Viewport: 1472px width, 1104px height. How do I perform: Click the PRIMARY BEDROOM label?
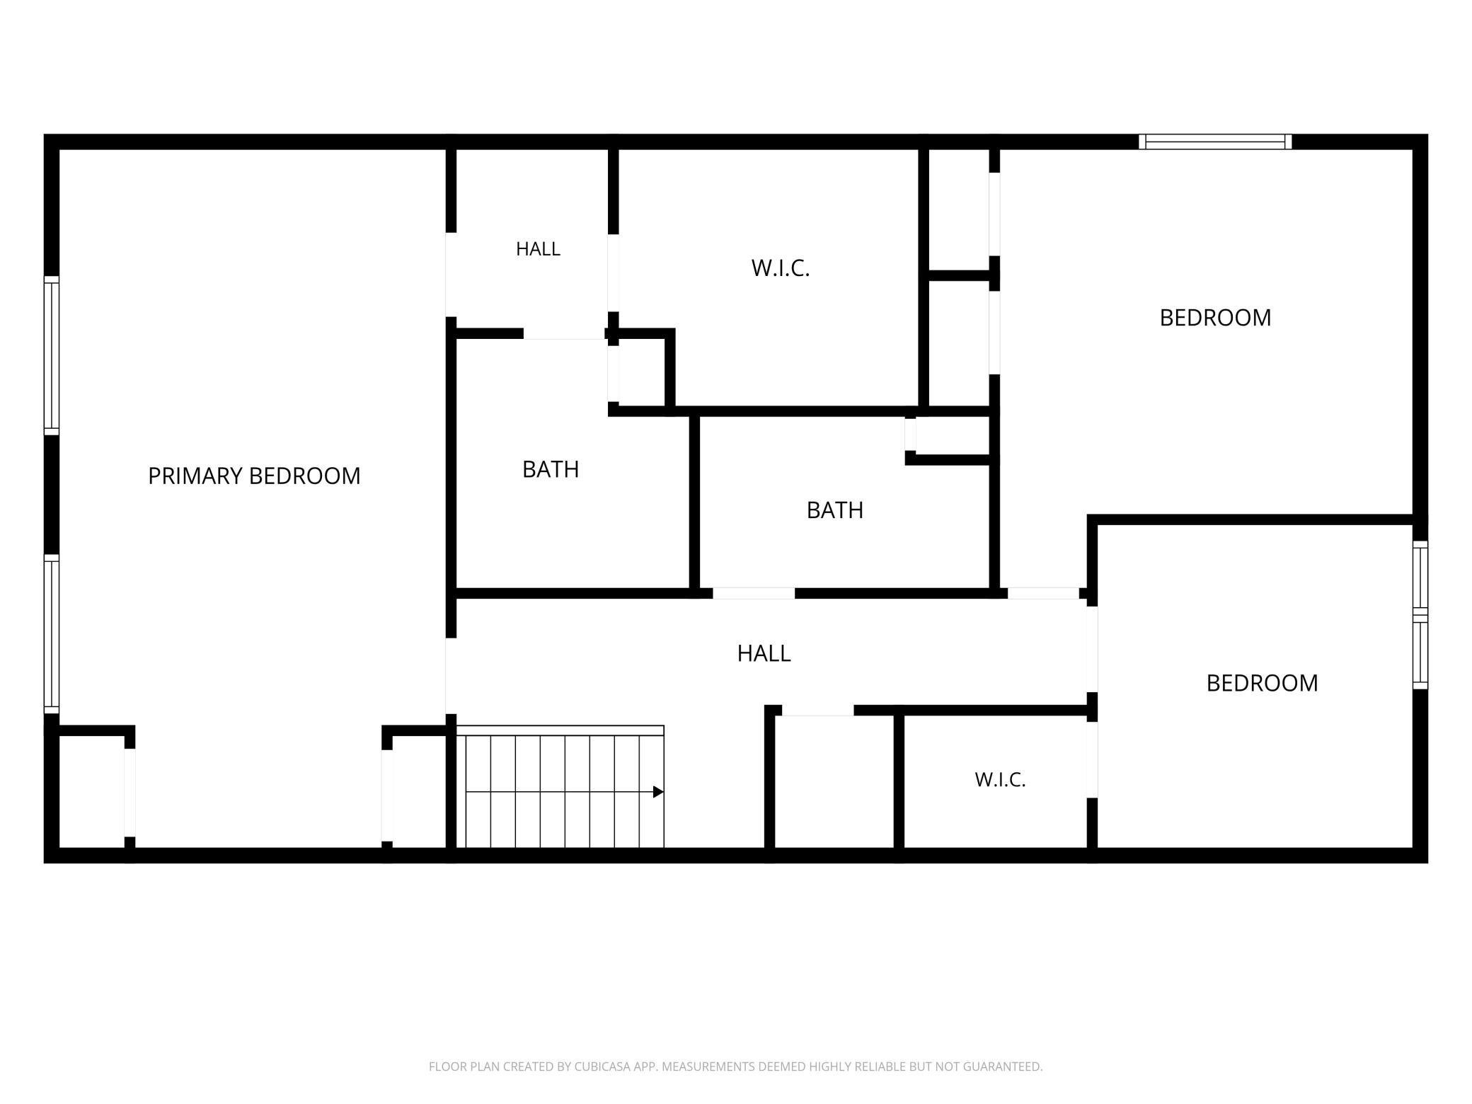point(254,476)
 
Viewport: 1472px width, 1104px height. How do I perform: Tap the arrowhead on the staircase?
point(658,792)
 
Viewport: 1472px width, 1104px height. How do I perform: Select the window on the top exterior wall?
point(1215,142)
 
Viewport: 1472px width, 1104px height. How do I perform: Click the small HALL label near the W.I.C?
point(538,249)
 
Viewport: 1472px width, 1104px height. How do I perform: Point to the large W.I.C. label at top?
point(781,268)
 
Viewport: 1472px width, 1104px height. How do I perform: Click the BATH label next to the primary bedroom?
point(551,469)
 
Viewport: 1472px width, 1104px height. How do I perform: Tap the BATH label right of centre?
point(835,510)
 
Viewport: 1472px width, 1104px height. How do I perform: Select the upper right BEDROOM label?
point(1215,318)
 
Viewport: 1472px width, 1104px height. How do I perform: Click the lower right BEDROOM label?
point(1262,683)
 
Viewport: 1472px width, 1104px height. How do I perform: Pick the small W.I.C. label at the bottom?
point(1000,780)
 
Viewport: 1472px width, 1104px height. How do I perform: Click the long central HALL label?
point(764,653)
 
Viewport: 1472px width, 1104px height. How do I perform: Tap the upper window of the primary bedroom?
point(52,355)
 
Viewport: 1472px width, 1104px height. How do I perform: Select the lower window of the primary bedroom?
point(52,634)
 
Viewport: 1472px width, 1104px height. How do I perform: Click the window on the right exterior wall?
point(1420,615)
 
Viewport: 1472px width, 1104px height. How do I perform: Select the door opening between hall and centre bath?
point(754,594)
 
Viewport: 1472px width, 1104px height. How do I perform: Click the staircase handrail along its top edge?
point(560,730)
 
